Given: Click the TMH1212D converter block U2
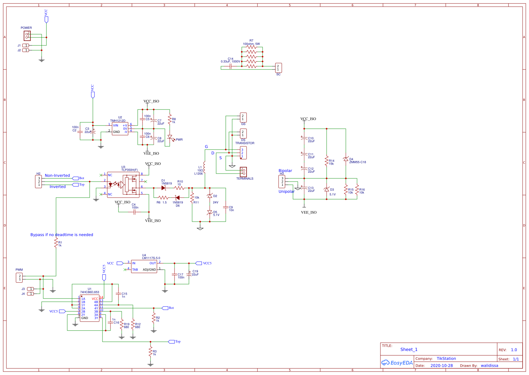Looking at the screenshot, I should tap(120, 129).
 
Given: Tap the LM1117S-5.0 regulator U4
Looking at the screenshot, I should tap(144, 266).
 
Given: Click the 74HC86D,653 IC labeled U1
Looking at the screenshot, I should tap(90, 308).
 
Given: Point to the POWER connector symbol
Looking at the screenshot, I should tap(27, 36).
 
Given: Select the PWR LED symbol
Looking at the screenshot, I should tap(170, 137).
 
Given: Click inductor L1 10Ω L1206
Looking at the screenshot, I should tap(204, 167).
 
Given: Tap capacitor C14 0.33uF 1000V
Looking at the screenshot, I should tap(231, 66).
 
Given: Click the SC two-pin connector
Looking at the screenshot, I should tap(278, 68).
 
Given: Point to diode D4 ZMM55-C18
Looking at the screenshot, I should tap(346, 159).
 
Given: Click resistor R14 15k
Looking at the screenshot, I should tap(327, 161).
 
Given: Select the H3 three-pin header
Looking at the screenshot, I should tap(282, 182).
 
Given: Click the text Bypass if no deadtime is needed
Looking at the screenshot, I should tap(62, 235).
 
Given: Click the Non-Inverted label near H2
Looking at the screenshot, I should tap(57, 175).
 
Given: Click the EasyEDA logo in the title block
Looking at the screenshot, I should tap(397, 363).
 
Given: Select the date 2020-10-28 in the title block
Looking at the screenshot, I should tap(442, 365).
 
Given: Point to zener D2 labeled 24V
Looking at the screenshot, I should tap(210, 196).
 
